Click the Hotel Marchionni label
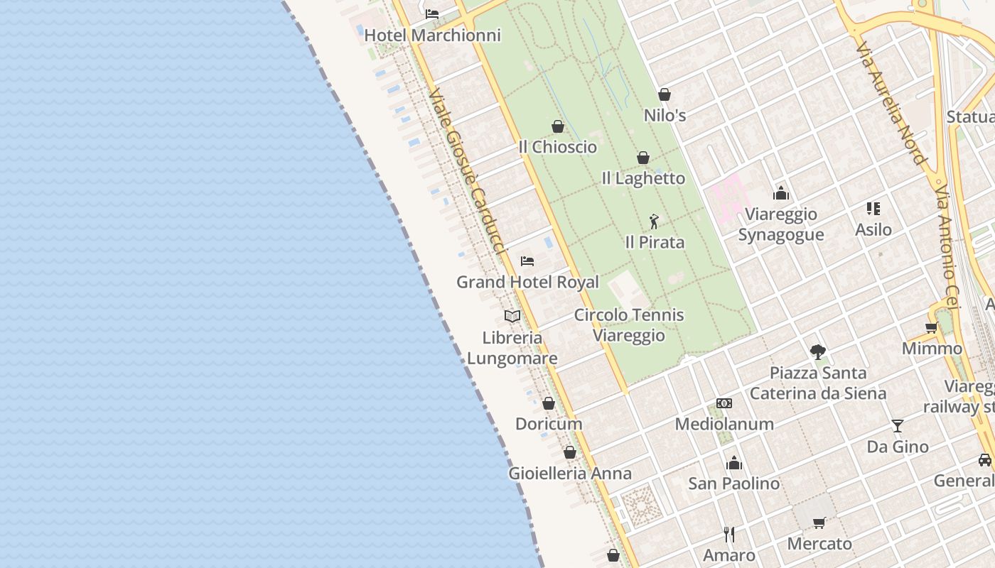(x=432, y=35)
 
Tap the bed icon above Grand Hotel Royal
(x=527, y=261)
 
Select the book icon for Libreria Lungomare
(x=512, y=316)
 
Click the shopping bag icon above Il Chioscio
(x=558, y=126)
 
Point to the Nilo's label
(x=665, y=114)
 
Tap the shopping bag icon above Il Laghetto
(x=643, y=158)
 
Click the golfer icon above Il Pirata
(x=654, y=222)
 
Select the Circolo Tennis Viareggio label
(x=629, y=324)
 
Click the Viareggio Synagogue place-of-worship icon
(x=781, y=193)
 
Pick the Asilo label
(x=873, y=229)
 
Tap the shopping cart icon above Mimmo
(x=931, y=328)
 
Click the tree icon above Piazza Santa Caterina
(x=818, y=351)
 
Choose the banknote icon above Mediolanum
(x=724, y=403)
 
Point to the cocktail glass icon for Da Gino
(x=898, y=426)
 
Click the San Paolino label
(x=733, y=483)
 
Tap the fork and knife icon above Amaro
(x=728, y=534)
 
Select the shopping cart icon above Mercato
(x=819, y=523)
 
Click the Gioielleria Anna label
(x=569, y=473)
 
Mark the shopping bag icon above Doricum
(x=549, y=404)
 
